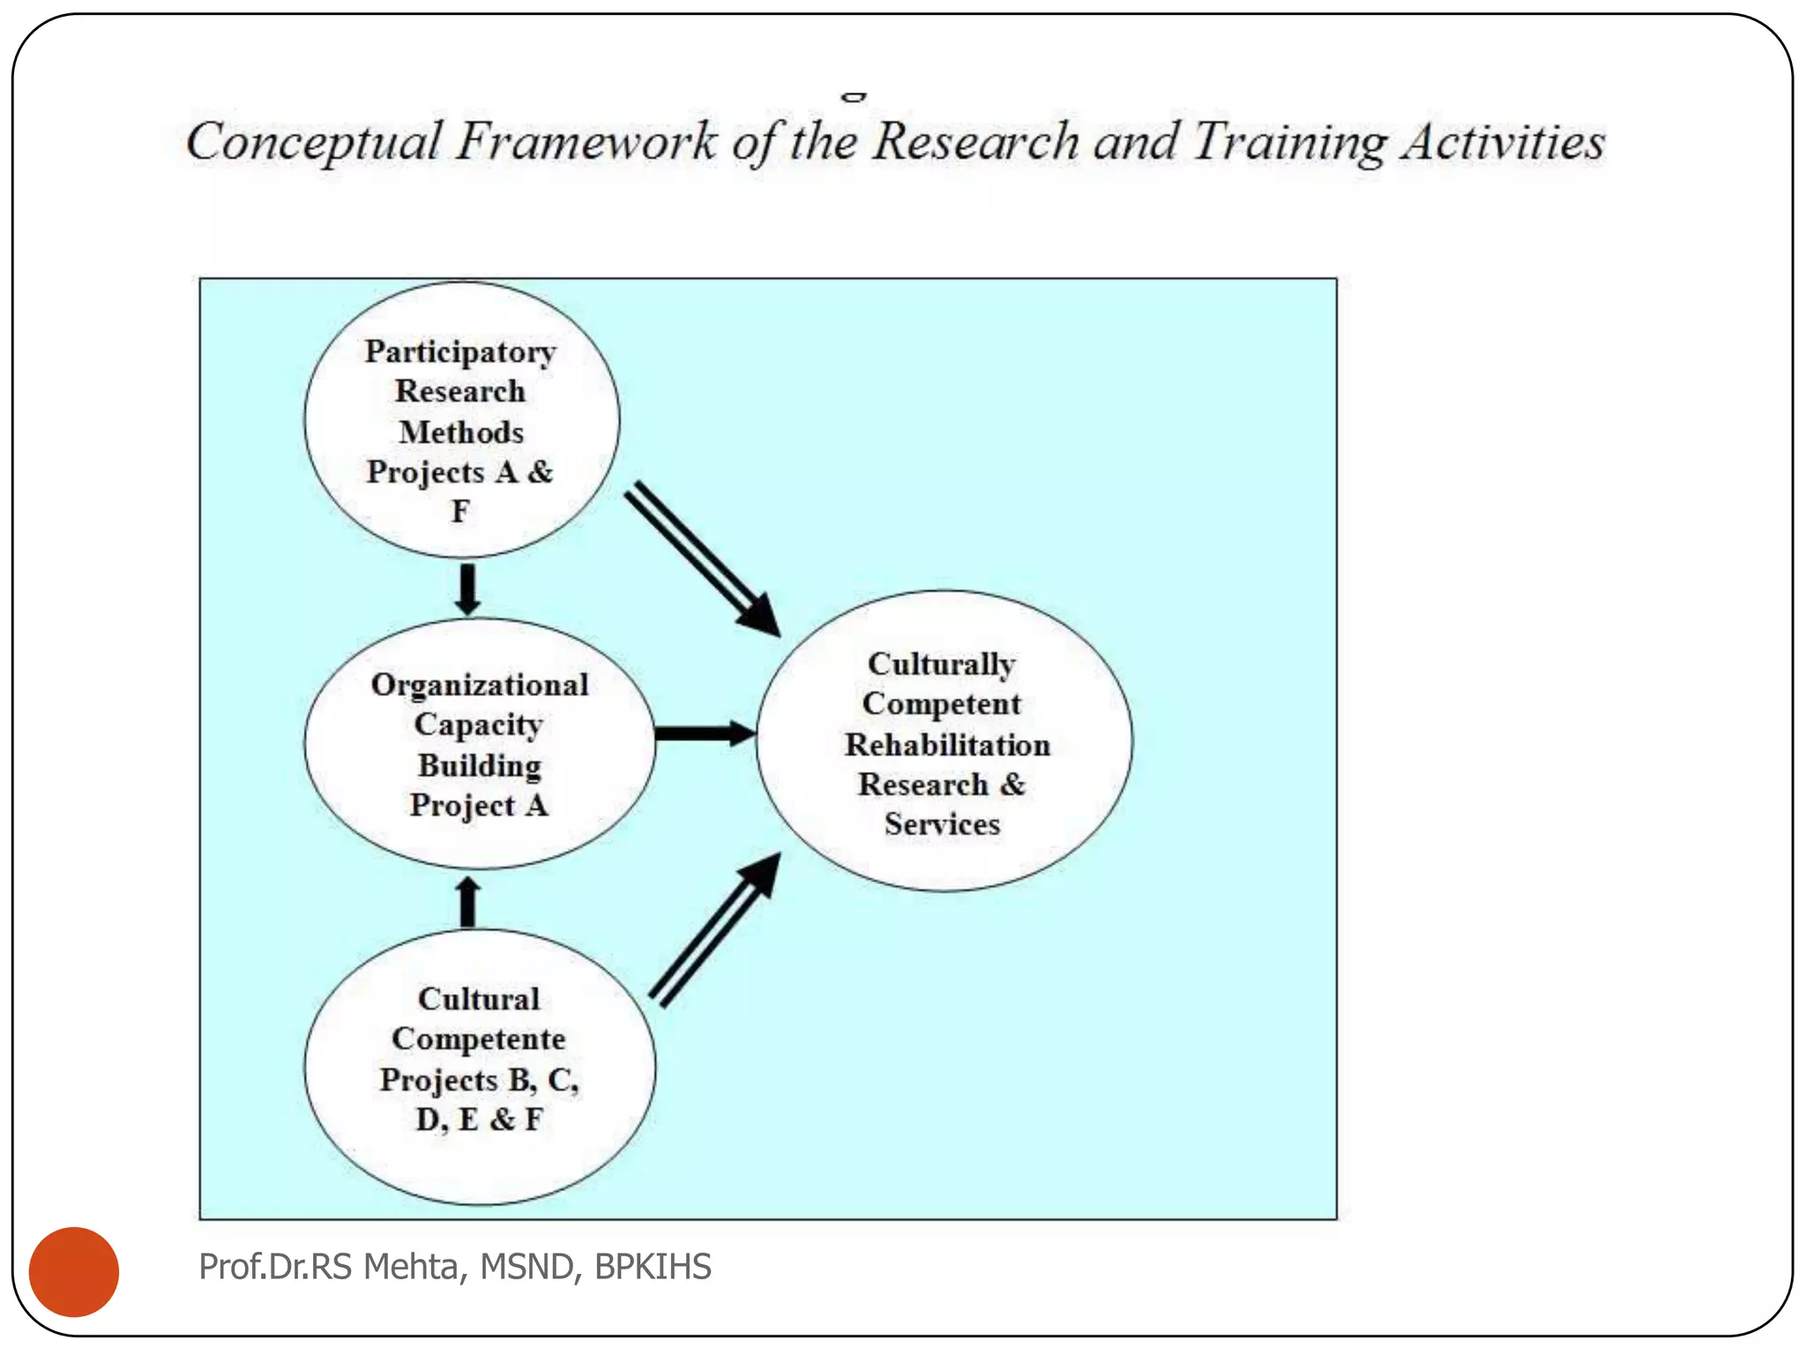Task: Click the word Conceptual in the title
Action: click(314, 142)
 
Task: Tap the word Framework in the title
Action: click(586, 142)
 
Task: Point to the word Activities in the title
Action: click(1504, 142)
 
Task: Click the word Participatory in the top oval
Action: click(460, 352)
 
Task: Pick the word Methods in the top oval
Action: click(461, 432)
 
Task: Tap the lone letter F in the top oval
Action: click(460, 512)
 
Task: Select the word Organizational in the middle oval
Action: click(480, 685)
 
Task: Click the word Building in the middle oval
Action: click(480, 766)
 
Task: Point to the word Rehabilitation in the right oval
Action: click(947, 745)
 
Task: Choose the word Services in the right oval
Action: click(942, 824)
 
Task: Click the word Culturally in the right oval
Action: click(942, 664)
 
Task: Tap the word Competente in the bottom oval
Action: click(479, 1039)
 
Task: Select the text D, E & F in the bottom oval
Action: click(479, 1119)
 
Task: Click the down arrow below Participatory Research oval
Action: click(467, 588)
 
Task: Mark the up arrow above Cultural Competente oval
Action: click(468, 902)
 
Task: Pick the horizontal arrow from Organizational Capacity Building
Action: click(704, 733)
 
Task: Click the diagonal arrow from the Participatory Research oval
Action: click(701, 558)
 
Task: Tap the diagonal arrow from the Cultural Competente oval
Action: click(714, 931)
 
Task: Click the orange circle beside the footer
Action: click(74, 1271)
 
